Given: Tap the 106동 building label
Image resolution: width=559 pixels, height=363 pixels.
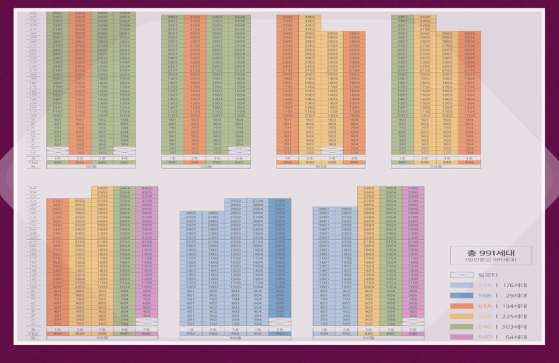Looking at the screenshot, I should pyautogui.click(x=234, y=339).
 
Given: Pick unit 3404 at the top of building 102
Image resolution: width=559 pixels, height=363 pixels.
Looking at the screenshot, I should pyautogui.click(x=239, y=17).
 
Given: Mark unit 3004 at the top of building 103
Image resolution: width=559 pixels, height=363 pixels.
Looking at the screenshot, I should pyautogui.click(x=354, y=34).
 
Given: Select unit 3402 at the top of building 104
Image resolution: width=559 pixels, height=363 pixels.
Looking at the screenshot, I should pyautogui.click(x=425, y=17).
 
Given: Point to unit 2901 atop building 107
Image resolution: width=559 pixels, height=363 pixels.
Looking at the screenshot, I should pyautogui.click(x=324, y=209).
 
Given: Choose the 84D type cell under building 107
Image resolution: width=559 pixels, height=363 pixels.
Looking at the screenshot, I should pyautogui.click(x=413, y=334).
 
